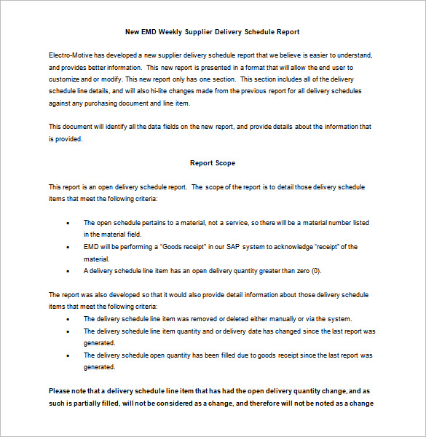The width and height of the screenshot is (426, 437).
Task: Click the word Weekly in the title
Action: (x=178, y=32)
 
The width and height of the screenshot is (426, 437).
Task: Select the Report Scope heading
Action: (x=213, y=163)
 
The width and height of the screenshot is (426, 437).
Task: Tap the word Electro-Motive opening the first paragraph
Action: (x=71, y=55)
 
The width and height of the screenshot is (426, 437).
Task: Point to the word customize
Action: (x=64, y=79)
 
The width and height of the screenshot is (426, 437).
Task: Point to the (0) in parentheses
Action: (x=315, y=271)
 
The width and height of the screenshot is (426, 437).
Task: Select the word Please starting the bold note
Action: (x=60, y=391)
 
